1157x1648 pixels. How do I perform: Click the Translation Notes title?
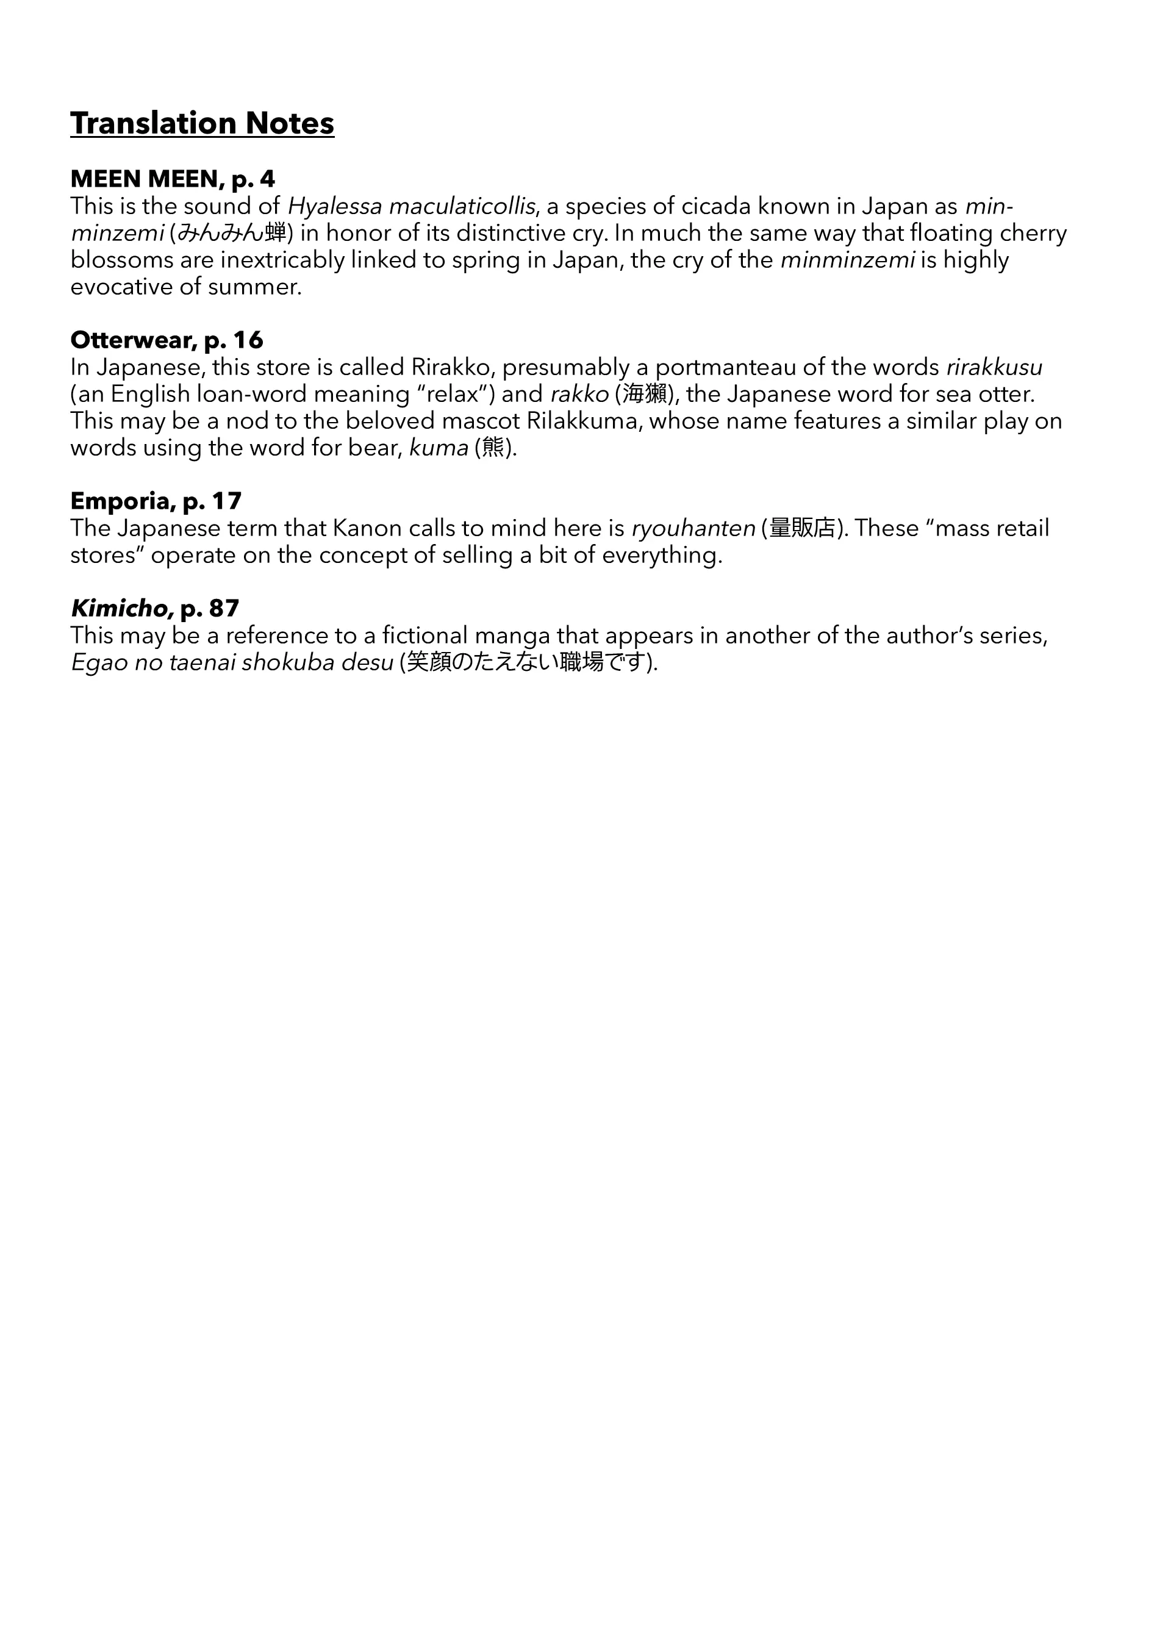click(202, 123)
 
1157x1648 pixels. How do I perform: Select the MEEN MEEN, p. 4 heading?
click(172, 179)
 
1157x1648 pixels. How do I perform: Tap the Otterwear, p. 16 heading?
click(167, 340)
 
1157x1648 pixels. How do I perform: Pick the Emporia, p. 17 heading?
click(156, 500)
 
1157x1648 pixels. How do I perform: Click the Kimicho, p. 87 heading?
click(154, 608)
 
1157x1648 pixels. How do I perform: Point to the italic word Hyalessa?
click(334, 207)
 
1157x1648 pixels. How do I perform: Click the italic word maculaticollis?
click(462, 207)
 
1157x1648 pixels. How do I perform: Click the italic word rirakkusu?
click(994, 368)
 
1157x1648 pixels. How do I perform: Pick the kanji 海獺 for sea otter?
click(645, 394)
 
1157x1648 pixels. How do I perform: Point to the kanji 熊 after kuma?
click(493, 448)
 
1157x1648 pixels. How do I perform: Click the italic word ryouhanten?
click(693, 528)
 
